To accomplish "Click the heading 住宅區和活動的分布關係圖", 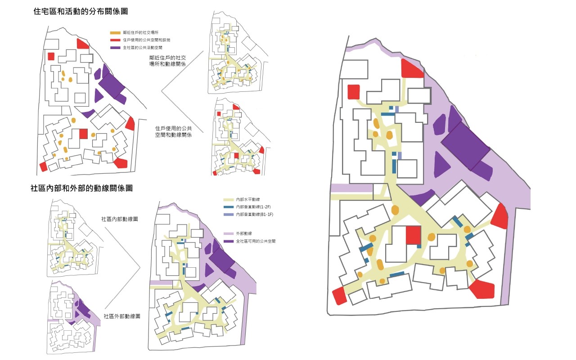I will (x=77, y=12).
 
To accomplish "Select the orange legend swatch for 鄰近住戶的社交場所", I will (x=115, y=32).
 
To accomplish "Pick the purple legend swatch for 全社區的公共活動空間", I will (x=115, y=47).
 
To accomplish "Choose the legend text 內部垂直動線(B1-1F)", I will (x=255, y=215).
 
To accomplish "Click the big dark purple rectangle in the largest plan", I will (x=466, y=145).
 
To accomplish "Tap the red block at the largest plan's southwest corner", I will (x=341, y=296).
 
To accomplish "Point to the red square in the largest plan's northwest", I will (x=354, y=91).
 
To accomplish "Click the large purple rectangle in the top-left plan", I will (x=111, y=85).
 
